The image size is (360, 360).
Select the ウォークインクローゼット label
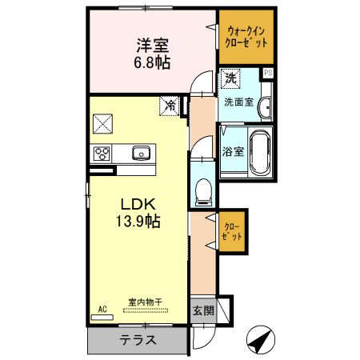click(246, 37)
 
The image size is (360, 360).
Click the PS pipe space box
click(268, 73)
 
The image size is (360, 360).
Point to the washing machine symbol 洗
click(230, 79)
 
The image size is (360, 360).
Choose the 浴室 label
click(232, 150)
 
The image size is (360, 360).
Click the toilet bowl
click(203, 189)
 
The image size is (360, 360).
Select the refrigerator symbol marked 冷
click(170, 105)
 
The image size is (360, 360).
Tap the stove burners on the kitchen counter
click(103, 153)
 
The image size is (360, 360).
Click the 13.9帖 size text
click(134, 220)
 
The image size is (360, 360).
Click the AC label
click(102, 308)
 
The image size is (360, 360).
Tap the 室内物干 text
click(145, 302)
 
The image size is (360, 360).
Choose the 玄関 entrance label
click(202, 310)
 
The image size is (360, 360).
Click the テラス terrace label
click(138, 339)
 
